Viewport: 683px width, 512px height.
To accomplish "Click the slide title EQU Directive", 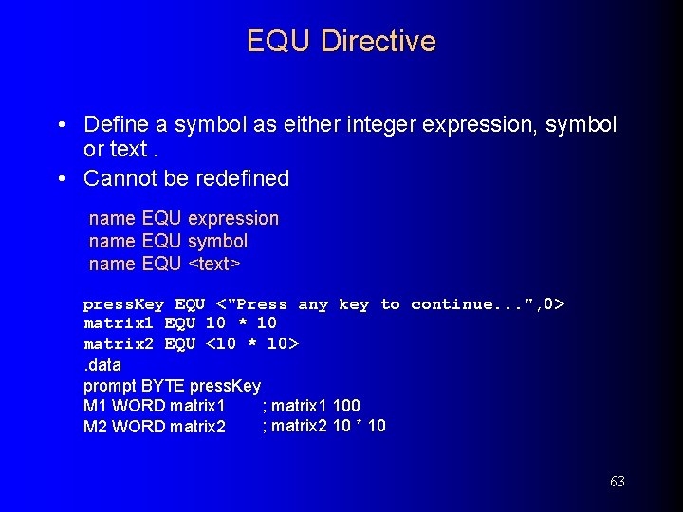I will pos(341,41).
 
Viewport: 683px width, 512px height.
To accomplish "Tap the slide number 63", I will pos(617,482).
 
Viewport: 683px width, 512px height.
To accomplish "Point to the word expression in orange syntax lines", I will pos(233,218).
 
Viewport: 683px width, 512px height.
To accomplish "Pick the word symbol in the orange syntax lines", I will pos(217,241).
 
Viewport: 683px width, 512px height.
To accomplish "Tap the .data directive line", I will pos(102,365).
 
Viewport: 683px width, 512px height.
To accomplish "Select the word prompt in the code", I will pos(110,386).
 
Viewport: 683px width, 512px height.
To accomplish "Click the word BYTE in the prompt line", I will pos(163,386).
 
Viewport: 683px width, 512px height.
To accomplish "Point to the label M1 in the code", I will pos(95,406).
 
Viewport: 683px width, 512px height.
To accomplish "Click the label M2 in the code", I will pos(95,427).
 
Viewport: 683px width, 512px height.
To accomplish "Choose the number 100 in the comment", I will pos(346,406).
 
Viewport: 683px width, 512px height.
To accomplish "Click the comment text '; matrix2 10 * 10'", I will pos(323,426).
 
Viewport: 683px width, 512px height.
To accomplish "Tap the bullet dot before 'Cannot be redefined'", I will pos(61,178).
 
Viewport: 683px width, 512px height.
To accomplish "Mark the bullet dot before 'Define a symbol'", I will pos(61,124).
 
